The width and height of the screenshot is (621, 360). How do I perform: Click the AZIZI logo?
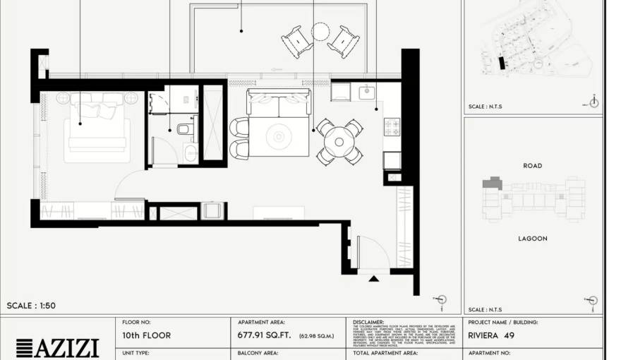point(57,348)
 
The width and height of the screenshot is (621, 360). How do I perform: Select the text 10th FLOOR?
point(146,335)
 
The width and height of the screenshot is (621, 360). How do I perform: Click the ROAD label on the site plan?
point(533,166)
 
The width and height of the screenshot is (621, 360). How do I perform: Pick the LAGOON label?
point(533,239)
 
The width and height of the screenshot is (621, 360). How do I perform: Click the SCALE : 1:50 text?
point(31,306)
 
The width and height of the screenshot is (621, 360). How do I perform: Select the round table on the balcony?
point(320,32)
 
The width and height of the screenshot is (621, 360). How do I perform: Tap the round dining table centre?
point(339,142)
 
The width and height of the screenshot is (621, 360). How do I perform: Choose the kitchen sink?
point(367,92)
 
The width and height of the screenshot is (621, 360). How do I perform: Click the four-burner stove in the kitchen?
point(392,127)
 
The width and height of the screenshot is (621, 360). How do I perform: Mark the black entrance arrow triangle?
point(373,278)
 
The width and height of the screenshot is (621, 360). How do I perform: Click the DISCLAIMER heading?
point(368,322)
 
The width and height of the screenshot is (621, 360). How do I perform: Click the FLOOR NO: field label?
point(136,322)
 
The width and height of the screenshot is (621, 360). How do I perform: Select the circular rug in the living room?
point(277,136)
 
